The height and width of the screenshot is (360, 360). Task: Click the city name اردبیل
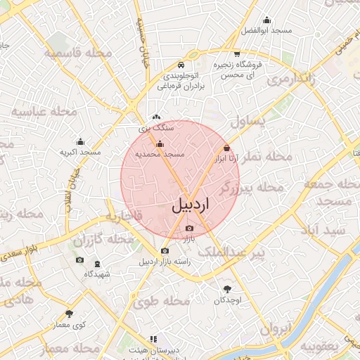pyautogui.click(x=191, y=205)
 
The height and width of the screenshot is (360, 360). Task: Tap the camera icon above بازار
pyautogui.click(x=188, y=229)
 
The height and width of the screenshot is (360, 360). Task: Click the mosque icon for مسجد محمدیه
pyautogui.click(x=160, y=144)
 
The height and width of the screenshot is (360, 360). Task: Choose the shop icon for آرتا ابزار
pyautogui.click(x=226, y=148)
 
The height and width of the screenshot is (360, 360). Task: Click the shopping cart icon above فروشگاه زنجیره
pyautogui.click(x=237, y=53)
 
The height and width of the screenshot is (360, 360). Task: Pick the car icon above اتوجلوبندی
pyautogui.click(x=181, y=61)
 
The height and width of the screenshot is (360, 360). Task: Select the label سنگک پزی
pyautogui.click(x=154, y=129)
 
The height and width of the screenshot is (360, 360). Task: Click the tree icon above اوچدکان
pyautogui.click(x=227, y=289)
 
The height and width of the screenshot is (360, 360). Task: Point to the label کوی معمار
pyautogui.click(x=69, y=325)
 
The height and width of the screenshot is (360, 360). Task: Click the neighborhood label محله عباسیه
pyautogui.click(x=39, y=112)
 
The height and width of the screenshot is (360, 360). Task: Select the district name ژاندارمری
pyautogui.click(x=285, y=79)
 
